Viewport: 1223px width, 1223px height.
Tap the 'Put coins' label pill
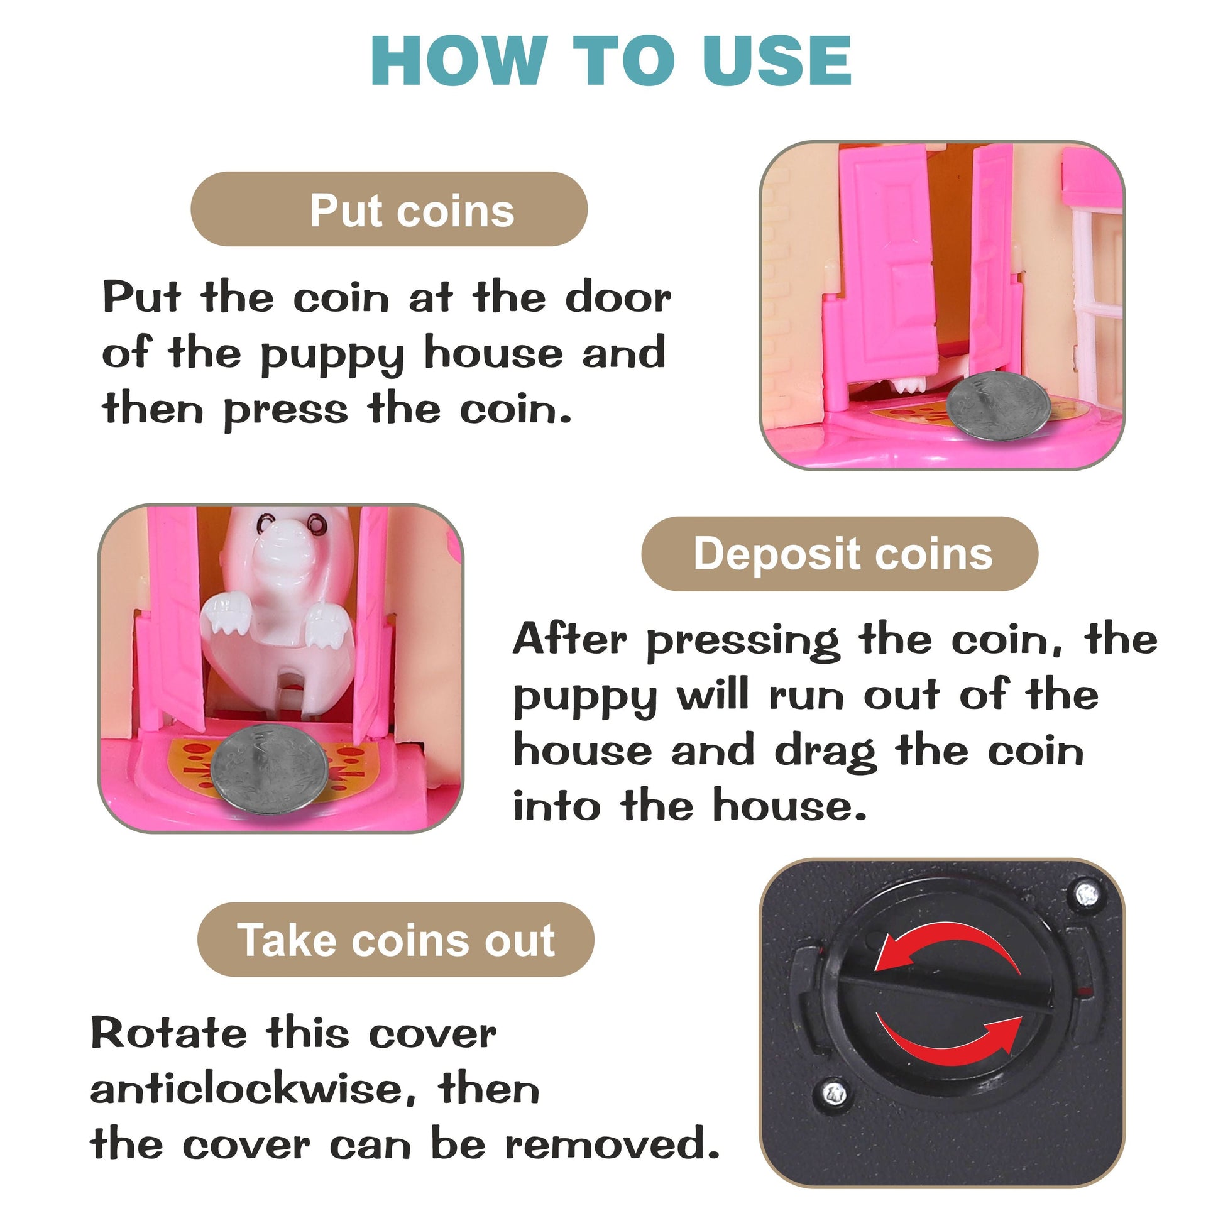(388, 209)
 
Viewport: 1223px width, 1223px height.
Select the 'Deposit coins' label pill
(840, 553)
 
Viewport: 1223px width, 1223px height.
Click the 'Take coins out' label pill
(396, 940)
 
